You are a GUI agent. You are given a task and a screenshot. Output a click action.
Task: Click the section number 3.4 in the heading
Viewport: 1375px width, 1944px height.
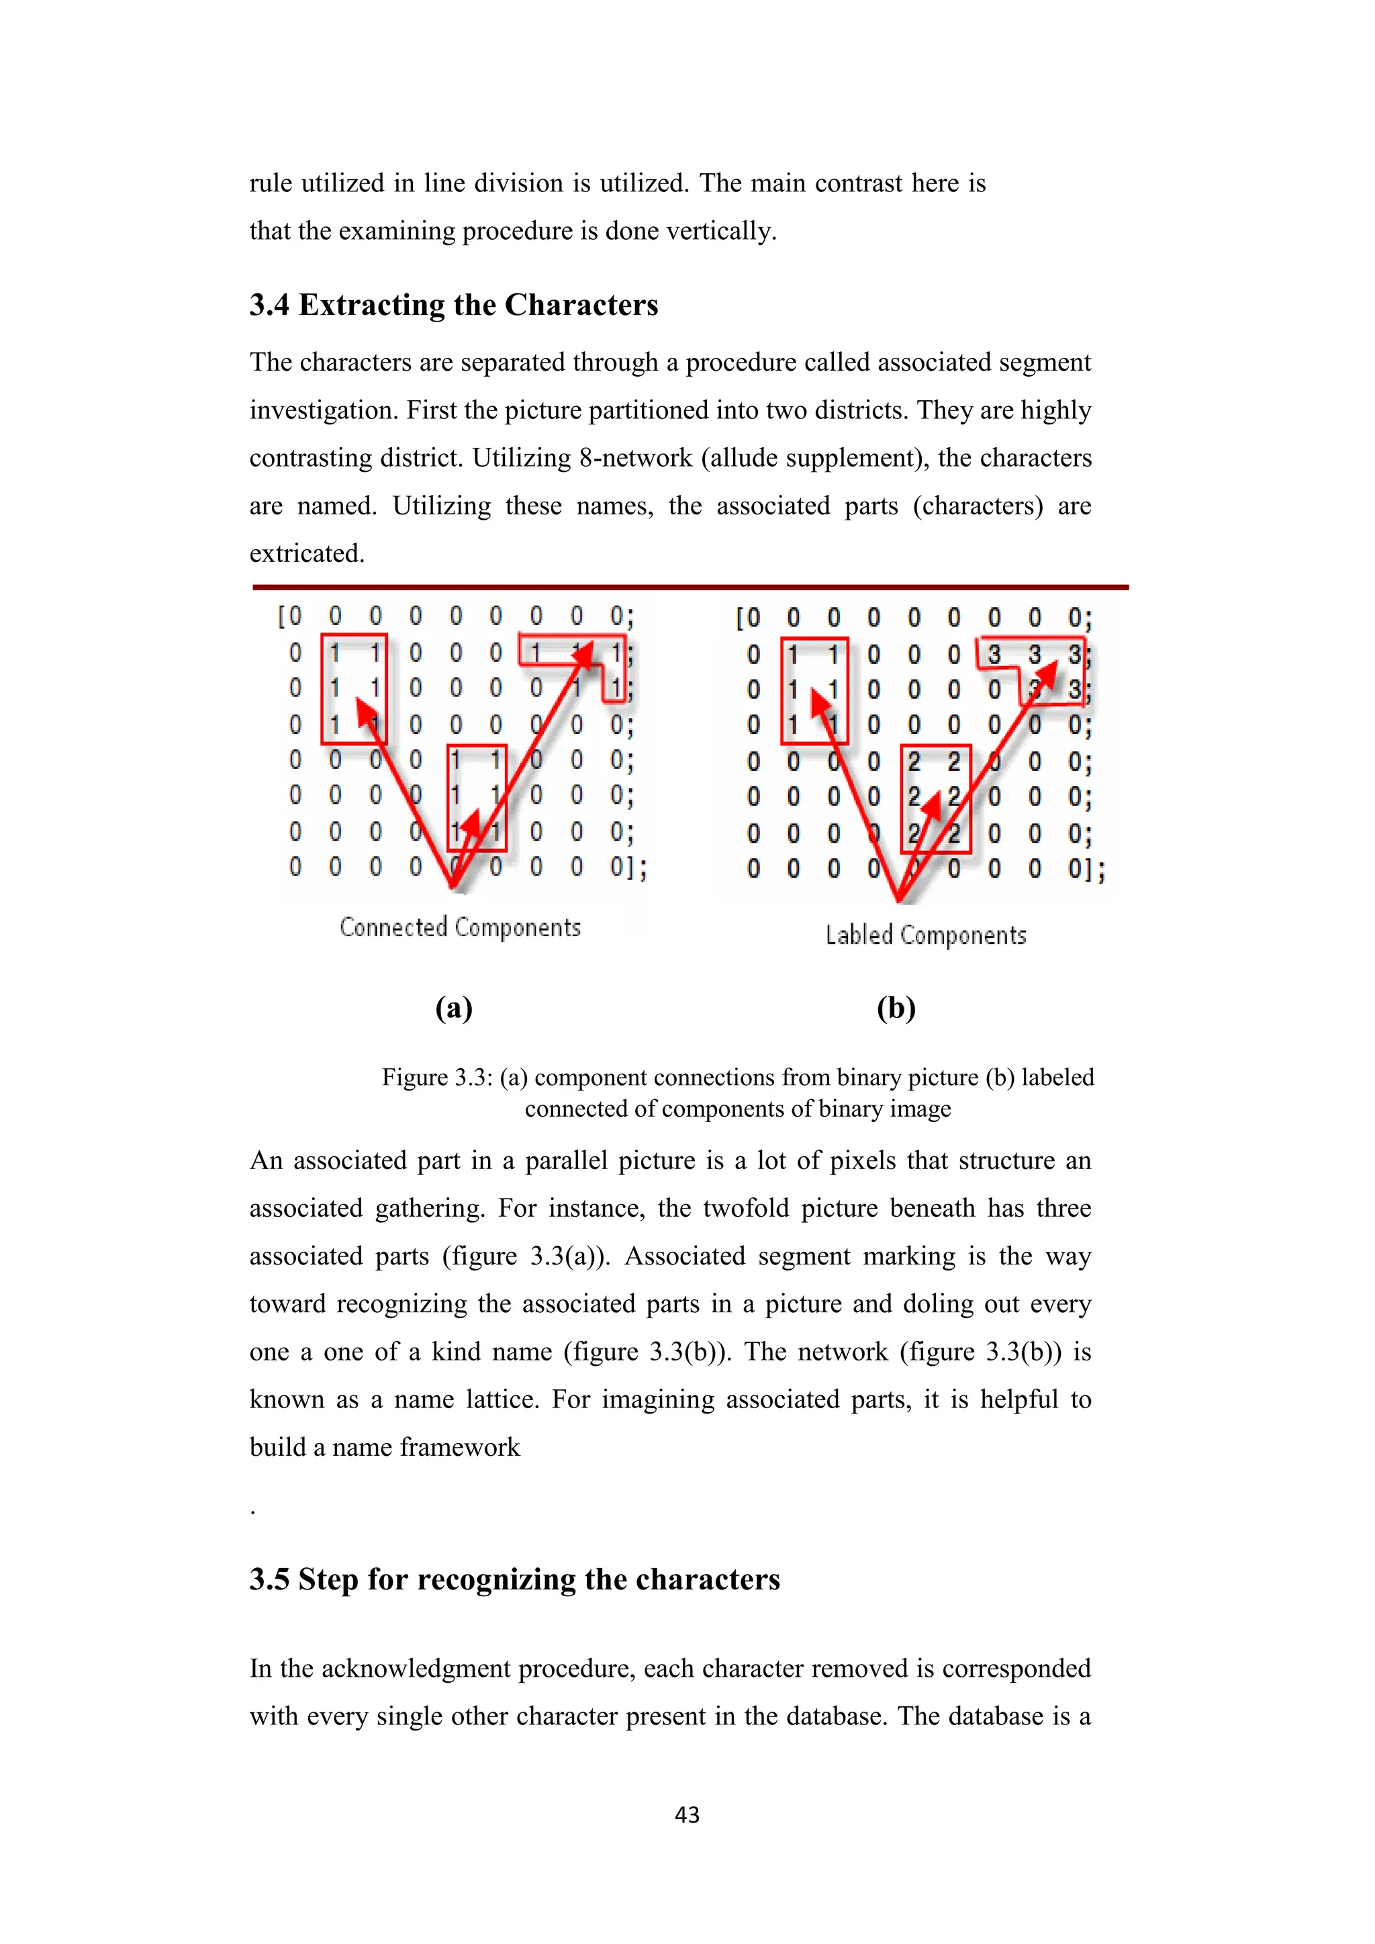tap(269, 305)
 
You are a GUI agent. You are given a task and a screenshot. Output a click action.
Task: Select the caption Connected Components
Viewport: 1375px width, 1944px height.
tap(460, 927)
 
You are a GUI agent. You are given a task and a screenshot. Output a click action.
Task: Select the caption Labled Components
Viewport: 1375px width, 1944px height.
tap(925, 935)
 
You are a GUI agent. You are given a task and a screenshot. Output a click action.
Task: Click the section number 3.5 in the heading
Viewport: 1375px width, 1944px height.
tap(269, 1579)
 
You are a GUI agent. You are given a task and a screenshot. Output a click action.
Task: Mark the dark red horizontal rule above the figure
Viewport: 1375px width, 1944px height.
tap(690, 587)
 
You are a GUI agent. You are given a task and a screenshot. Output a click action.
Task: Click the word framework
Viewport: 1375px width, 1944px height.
tap(460, 1447)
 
